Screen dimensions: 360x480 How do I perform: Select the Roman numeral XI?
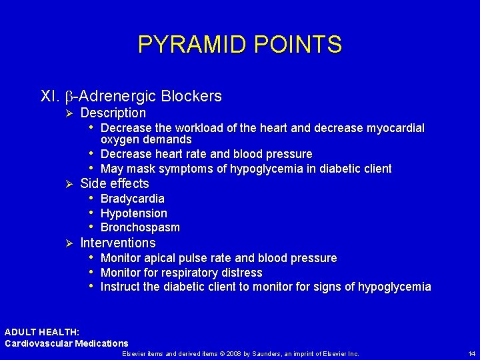pos(50,97)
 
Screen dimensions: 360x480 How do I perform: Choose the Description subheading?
pos(113,113)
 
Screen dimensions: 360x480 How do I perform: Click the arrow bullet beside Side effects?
pos(66,184)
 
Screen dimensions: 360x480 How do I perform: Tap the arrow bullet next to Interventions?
pos(66,243)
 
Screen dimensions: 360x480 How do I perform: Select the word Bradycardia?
pos(132,199)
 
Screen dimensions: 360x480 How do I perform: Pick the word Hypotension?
pos(133,213)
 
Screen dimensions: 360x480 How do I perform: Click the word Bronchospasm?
pos(140,228)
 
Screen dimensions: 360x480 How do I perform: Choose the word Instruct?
pos(120,287)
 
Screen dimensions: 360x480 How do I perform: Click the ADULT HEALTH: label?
pos(42,332)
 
